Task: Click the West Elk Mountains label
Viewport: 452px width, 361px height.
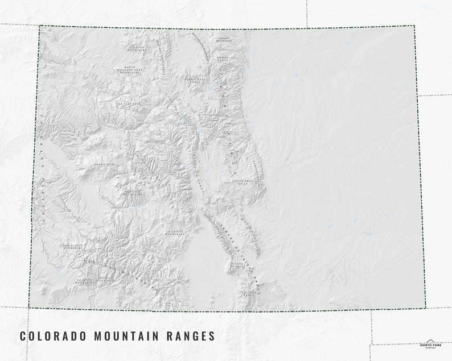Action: pos(133,193)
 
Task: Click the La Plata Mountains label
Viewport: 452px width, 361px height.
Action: pos(85,281)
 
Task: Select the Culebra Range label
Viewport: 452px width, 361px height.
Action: pos(249,293)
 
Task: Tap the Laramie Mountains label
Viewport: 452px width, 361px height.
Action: pos(224,39)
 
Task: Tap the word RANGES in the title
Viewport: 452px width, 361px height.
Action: pos(194,336)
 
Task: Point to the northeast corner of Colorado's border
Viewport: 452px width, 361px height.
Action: pos(414,26)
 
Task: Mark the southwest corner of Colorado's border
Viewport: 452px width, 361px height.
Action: pos(29,308)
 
